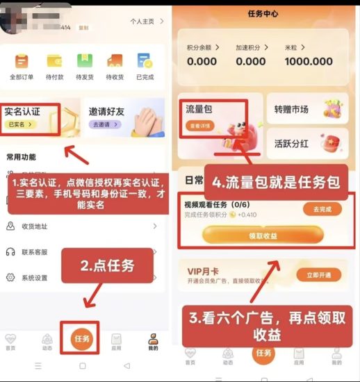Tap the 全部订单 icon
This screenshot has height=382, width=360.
point(22,61)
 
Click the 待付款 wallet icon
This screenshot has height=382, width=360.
point(54,61)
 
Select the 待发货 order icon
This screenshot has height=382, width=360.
point(85,61)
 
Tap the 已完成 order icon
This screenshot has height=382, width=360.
point(145,61)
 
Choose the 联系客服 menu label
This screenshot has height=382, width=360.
point(35,251)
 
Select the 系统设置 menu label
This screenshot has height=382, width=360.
point(35,277)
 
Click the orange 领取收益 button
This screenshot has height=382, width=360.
point(263,235)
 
